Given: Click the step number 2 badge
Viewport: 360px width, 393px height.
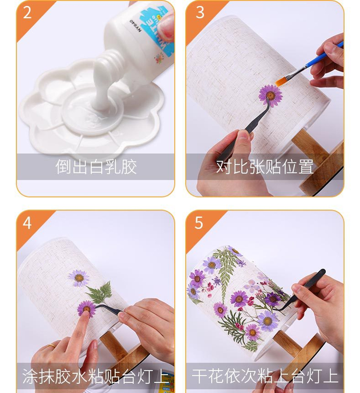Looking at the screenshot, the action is coord(27,12).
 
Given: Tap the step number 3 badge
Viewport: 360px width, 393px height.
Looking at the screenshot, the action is coord(200,12).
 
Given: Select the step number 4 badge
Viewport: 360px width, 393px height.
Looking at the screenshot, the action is coord(27,223).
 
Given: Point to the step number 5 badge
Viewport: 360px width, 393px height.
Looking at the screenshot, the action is coord(199,223).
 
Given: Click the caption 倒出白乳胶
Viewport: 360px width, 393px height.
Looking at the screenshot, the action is coord(96,167).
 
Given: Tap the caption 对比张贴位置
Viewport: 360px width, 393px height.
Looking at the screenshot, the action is coord(264,167).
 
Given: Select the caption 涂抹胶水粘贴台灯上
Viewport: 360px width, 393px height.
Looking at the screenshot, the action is coord(96,376).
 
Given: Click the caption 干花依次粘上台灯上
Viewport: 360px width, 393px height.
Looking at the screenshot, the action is coord(265,376).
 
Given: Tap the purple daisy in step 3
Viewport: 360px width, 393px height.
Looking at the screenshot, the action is coord(270,96).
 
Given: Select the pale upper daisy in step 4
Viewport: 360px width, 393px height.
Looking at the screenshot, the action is coord(79,278).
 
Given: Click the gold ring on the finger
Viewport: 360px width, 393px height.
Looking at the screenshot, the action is coord(51,346).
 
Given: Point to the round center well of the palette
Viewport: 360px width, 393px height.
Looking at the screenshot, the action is coord(93,111).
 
